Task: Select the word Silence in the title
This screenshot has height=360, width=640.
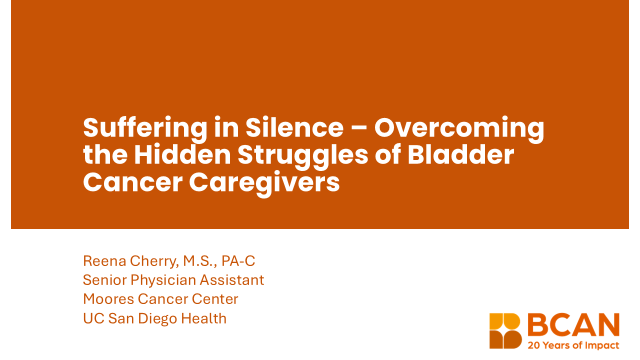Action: (x=294, y=127)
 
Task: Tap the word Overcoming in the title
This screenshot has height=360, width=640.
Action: (x=459, y=129)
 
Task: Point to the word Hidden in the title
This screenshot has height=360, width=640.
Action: (x=182, y=154)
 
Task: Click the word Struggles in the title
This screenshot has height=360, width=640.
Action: (x=303, y=156)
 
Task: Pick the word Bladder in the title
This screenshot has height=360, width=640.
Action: (x=461, y=154)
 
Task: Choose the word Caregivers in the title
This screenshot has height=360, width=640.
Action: (x=264, y=183)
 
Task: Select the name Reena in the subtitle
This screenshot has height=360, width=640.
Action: (x=104, y=261)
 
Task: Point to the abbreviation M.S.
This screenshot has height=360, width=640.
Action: (x=199, y=261)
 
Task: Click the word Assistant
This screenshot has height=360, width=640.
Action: (x=231, y=279)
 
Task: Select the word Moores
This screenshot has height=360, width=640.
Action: (x=108, y=299)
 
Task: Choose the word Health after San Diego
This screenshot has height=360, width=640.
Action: (x=203, y=318)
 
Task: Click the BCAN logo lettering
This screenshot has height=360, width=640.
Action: (x=573, y=324)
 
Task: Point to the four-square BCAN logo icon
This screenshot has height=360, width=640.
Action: (x=505, y=331)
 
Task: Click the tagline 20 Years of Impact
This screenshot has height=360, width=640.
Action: (x=573, y=345)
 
